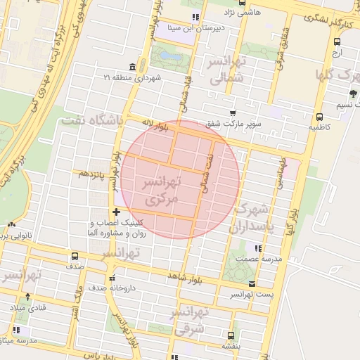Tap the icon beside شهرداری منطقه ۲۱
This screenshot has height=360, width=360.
[133, 66]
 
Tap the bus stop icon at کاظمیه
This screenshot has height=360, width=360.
[320, 117]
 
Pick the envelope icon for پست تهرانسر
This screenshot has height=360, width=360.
[252, 284]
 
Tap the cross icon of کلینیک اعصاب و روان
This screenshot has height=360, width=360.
[116, 212]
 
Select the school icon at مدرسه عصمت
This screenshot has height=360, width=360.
[258, 248]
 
